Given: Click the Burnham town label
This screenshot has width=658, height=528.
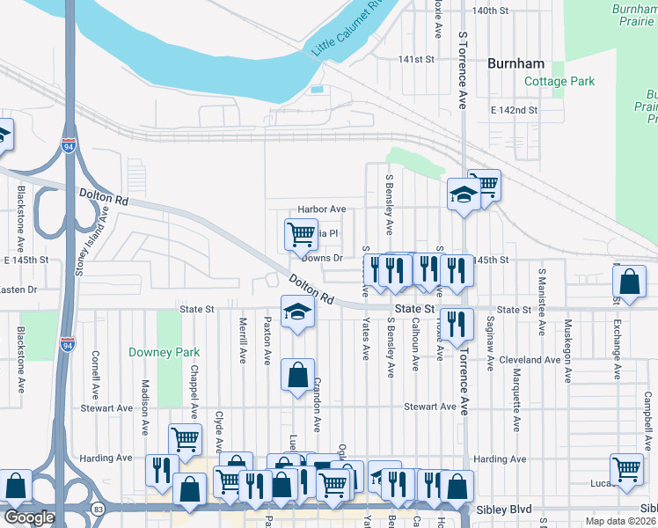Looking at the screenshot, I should pyautogui.click(x=516, y=63).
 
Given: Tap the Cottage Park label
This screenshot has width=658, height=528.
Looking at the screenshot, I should pyautogui.click(x=559, y=82).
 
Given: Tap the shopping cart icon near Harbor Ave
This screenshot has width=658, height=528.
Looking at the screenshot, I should pyautogui.click(x=301, y=234).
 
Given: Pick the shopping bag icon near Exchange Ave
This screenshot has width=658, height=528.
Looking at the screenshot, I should pyautogui.click(x=629, y=283).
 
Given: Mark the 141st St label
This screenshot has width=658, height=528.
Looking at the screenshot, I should pyautogui.click(x=417, y=59).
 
